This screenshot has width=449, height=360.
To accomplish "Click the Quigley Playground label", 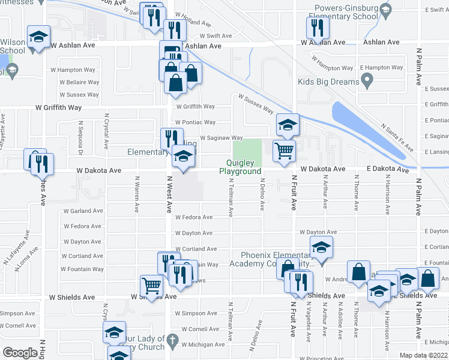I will [x=244, y=167].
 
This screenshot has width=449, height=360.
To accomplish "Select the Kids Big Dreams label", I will [x=328, y=82].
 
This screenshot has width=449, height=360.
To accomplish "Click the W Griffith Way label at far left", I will [x=58, y=107].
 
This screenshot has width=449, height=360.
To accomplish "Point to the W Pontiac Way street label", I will [x=196, y=122].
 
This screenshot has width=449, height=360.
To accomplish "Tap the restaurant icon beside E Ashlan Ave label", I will [x=315, y=28].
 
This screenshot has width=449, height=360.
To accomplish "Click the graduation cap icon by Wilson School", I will [x=39, y=37].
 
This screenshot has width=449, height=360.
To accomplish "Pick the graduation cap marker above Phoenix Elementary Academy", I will [x=321, y=247].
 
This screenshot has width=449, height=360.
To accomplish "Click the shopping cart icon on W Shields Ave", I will [x=151, y=286].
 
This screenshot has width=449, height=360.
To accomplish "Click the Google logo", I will [x=20, y=353].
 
